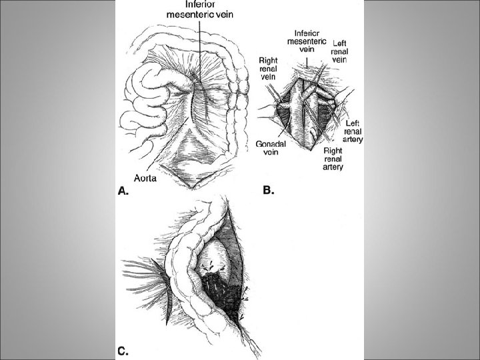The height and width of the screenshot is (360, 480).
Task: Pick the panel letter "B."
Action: [x=269, y=190]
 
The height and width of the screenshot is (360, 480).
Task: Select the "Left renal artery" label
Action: [x=353, y=131]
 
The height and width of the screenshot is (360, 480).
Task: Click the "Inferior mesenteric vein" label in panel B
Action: [x=308, y=40]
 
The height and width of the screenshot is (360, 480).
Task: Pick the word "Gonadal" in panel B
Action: [x=271, y=144]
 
